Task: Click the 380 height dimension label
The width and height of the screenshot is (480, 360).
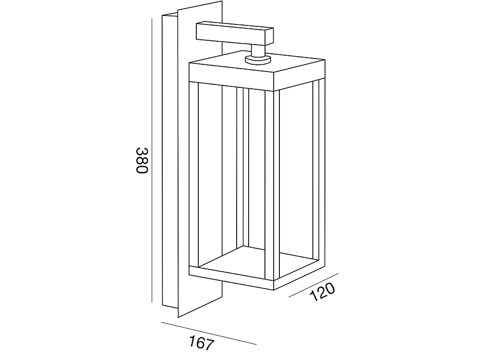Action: (x=142, y=160)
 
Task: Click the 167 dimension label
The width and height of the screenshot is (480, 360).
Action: (x=201, y=344)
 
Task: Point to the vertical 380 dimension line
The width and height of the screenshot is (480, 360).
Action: (x=152, y=160)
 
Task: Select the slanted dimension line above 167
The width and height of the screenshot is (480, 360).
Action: (x=209, y=334)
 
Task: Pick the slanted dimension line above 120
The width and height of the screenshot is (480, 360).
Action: (x=313, y=285)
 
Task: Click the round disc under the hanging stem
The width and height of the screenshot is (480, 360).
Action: (x=258, y=60)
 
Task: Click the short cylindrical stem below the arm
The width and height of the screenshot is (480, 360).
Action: (x=258, y=50)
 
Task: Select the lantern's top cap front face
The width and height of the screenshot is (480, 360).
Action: (x=231, y=76)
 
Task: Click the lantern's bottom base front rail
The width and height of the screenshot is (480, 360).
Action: (x=231, y=278)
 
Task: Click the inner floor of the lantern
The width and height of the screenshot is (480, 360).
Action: (x=257, y=260)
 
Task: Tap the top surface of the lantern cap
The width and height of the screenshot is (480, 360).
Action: (x=257, y=63)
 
